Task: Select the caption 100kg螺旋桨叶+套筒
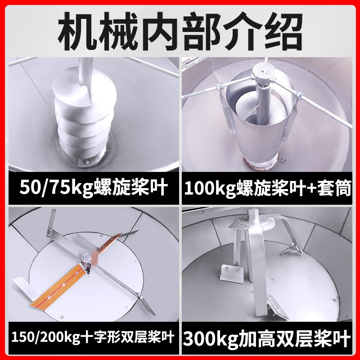point(267,188)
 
